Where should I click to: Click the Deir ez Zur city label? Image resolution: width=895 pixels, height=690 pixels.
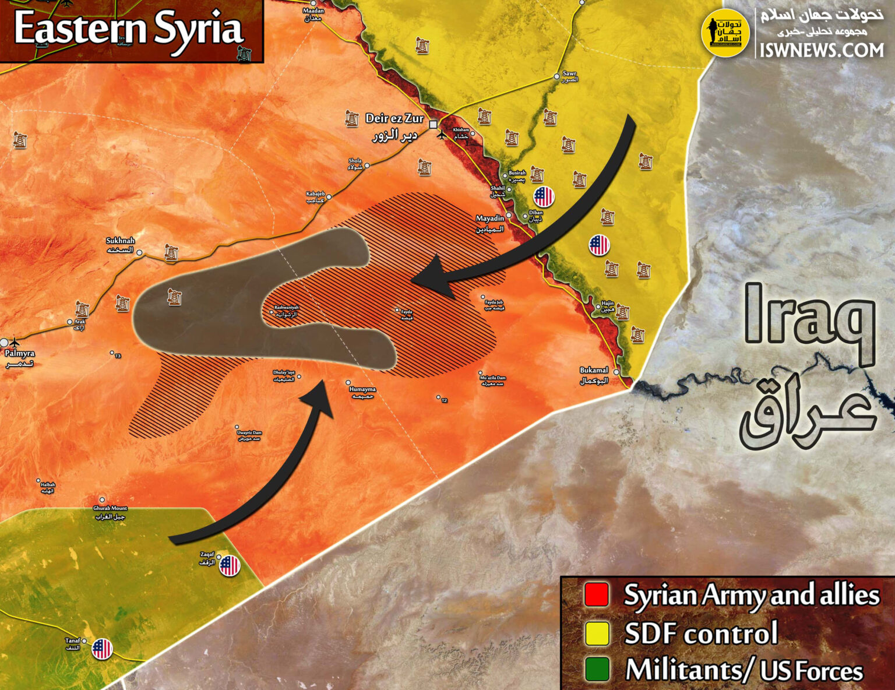point(394,118)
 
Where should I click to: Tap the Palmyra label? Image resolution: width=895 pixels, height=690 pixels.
point(20,353)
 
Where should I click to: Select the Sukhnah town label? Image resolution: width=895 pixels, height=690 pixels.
point(120,241)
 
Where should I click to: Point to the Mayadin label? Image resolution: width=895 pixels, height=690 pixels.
point(489,219)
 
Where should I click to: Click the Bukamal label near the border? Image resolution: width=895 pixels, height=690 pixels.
point(594,371)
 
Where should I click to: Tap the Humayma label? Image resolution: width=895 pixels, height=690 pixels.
point(362,389)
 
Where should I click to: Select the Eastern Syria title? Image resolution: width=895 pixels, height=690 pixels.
point(128,29)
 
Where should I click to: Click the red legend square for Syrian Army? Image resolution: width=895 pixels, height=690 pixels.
point(596,594)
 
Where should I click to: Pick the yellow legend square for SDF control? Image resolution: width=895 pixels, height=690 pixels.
point(596,633)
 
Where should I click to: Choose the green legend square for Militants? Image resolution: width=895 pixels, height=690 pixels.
point(596,670)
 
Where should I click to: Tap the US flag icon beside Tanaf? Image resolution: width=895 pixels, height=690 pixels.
point(102,648)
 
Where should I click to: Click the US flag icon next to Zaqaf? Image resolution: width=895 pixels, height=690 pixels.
point(230,565)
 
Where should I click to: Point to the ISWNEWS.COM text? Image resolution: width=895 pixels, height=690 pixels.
point(822,51)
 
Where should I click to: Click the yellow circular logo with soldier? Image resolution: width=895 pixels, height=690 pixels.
point(725,33)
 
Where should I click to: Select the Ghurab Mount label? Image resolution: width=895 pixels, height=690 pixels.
point(110,509)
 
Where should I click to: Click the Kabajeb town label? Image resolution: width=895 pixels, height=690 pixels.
point(315,194)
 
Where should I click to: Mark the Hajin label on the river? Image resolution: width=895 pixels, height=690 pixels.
point(608,304)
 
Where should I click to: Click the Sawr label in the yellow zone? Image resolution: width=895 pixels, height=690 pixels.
point(569,74)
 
